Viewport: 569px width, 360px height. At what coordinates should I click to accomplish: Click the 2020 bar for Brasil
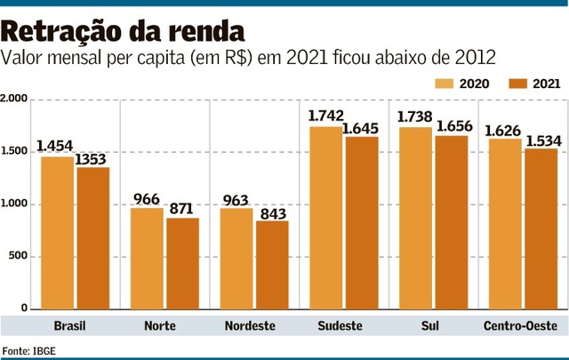click(x=58, y=233)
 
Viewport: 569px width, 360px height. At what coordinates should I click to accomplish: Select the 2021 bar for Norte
click(x=181, y=263)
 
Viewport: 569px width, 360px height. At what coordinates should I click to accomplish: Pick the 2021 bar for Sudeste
click(x=361, y=222)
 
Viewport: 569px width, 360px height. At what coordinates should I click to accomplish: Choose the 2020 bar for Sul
click(x=415, y=218)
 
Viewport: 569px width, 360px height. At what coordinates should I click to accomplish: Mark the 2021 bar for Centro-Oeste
click(x=541, y=228)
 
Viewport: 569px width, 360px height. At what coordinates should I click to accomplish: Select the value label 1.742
click(x=326, y=116)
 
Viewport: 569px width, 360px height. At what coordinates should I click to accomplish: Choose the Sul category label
click(x=432, y=326)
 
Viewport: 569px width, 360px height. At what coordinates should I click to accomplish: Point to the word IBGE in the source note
click(x=44, y=350)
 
